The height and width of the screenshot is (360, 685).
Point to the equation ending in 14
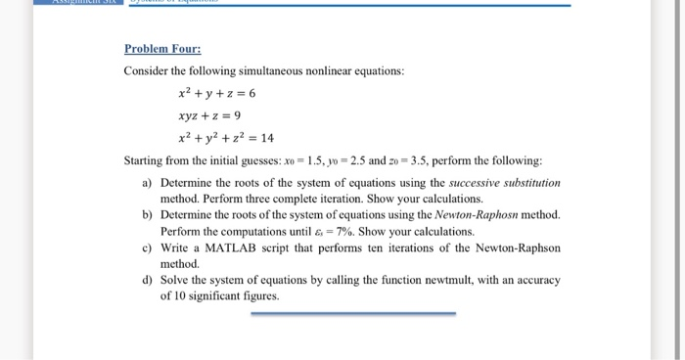pos(226,138)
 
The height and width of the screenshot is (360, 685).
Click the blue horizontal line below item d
pos(352,314)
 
